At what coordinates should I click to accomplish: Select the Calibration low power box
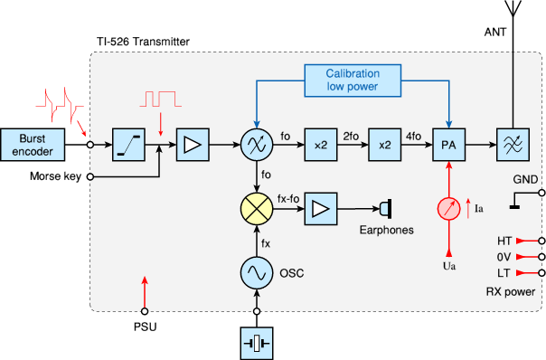click(x=352, y=80)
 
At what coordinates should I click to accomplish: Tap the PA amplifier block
click(x=447, y=143)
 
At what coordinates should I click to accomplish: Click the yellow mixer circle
click(x=256, y=208)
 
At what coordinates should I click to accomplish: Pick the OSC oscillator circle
click(x=256, y=272)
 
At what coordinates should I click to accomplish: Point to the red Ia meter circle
click(x=447, y=208)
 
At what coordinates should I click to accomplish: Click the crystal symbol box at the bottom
click(x=256, y=343)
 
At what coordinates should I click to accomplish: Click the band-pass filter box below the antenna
click(x=512, y=143)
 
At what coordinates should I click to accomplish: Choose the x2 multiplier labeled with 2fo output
click(x=320, y=143)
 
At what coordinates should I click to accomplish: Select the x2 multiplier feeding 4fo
click(x=383, y=143)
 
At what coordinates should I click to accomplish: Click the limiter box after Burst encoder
click(x=127, y=143)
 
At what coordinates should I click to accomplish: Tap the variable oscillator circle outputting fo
click(x=256, y=143)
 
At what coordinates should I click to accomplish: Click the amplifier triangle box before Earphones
click(x=320, y=208)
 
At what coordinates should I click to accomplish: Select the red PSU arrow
click(x=144, y=290)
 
